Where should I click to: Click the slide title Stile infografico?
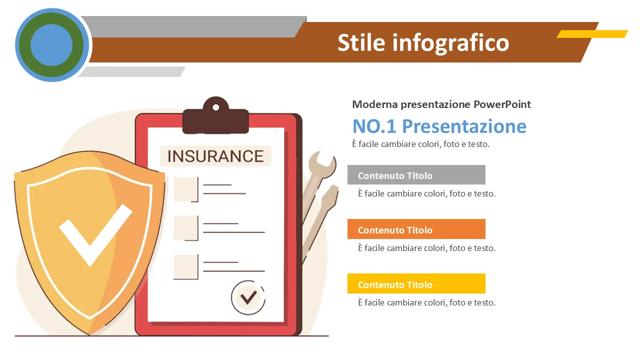(423, 43)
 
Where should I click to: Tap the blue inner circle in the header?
(51, 45)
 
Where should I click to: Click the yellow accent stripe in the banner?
(592, 33)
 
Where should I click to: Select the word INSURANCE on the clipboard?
(215, 156)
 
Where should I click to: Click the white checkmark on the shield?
(95, 235)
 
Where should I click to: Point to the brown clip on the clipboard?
(215, 115)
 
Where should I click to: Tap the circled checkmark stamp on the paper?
(248, 297)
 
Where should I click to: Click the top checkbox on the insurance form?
(186, 189)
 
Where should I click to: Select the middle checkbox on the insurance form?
(186, 228)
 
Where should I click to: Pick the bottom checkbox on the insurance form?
(186, 267)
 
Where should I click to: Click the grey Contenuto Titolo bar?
(416, 174)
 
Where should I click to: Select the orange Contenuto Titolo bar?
(416, 229)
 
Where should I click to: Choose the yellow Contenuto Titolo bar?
(416, 283)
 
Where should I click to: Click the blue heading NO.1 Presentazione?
(439, 126)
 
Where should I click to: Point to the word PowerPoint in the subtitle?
(502, 104)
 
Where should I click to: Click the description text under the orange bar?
(426, 248)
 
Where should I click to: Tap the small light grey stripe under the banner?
(131, 71)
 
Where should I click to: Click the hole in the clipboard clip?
(216, 107)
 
